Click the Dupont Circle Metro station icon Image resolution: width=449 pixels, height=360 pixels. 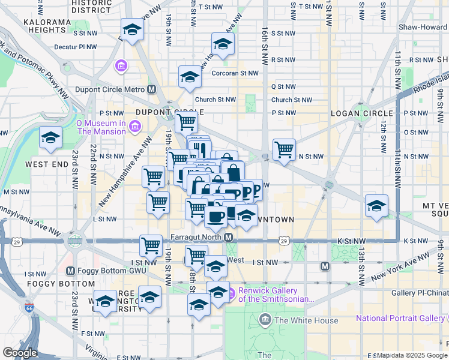tap(152, 89)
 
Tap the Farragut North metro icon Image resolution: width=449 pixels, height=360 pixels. tap(229, 238)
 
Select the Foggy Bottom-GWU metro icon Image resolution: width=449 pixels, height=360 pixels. tap(71, 271)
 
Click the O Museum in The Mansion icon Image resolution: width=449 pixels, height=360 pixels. tap(135, 126)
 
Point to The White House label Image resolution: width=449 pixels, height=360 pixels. tap(306, 320)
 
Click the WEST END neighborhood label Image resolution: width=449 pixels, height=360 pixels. tap(47, 163)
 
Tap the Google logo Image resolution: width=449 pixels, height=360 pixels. tap(20, 353)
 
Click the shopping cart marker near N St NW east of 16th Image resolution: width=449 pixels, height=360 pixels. tap(284, 148)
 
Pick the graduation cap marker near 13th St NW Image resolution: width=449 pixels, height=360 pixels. tap(376, 206)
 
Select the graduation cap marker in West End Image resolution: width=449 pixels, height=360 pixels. tap(50, 137)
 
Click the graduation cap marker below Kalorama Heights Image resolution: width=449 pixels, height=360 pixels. tap(131, 28)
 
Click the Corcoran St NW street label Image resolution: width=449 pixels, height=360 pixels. tap(235, 73)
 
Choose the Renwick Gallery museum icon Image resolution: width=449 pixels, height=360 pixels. tap(231, 293)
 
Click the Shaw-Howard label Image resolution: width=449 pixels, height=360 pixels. tap(423, 27)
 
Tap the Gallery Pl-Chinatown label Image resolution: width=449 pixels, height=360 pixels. tap(420, 293)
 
